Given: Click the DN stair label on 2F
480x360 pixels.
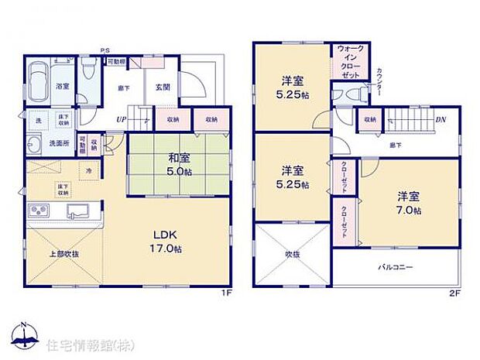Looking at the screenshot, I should [x=439, y=119].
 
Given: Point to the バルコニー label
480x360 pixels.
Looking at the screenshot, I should [x=396, y=267].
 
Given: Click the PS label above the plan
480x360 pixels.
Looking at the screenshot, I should [x=105, y=53].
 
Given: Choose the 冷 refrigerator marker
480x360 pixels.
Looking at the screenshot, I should [x=90, y=170].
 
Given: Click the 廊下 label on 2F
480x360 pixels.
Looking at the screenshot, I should [x=396, y=145].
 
